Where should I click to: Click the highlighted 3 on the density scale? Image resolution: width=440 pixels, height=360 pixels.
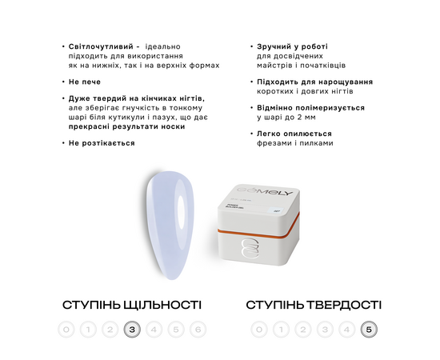pos(133,329)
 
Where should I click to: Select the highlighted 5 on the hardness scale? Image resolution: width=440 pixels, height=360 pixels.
pos(368,329)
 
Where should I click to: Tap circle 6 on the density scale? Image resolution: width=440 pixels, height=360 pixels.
pos(198,329)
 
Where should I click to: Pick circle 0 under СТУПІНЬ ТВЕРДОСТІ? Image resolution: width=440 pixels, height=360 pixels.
pos(258,329)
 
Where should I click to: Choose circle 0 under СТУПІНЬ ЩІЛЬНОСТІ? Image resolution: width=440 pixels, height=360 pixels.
pos(67,329)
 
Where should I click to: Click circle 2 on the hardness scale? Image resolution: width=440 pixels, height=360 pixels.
pos(302,329)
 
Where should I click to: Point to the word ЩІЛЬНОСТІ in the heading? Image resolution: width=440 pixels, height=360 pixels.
pos(161,305)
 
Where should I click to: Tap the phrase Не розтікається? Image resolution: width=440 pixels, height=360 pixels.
pos(101,142)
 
